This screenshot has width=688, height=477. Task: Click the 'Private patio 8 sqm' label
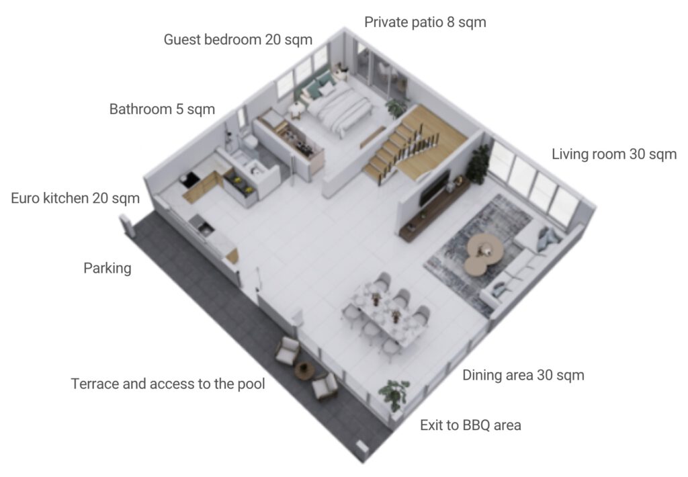pyautogui.click(x=425, y=22)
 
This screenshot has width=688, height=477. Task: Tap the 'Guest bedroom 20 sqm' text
pyautogui.click(x=238, y=40)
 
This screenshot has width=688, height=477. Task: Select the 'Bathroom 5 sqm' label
pyautogui.click(x=162, y=109)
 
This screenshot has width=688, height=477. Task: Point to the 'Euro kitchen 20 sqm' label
pyautogui.click(x=75, y=198)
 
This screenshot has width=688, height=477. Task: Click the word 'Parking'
pyautogui.click(x=107, y=268)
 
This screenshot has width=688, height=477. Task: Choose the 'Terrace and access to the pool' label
pyautogui.click(x=167, y=384)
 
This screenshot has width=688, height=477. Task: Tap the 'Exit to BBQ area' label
pyautogui.click(x=470, y=425)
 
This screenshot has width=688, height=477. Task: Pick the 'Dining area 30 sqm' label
pyautogui.click(x=523, y=375)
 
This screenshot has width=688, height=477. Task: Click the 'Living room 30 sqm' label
pyautogui.click(x=614, y=154)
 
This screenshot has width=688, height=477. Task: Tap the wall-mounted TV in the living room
pyautogui.click(x=434, y=188)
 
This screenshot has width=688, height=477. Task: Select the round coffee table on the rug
pyautogui.click(x=484, y=253)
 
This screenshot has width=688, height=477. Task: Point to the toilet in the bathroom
pyautogui.click(x=251, y=142)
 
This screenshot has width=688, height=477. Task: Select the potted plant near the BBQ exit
pyautogui.click(x=395, y=396)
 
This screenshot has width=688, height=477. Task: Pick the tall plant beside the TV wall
pyautogui.click(x=478, y=164)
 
